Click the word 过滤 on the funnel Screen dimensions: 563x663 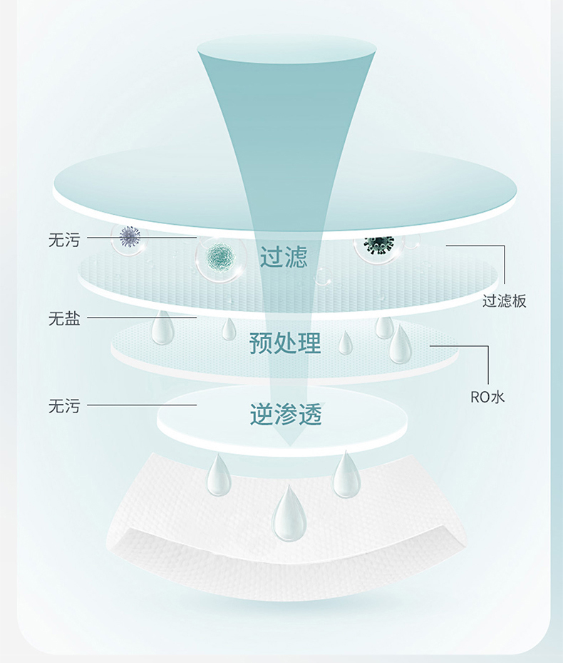coord(284,257)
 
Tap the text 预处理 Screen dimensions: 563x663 coord(285,343)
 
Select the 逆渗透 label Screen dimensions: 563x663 coord(286,413)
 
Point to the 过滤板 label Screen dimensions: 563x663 coord(505,300)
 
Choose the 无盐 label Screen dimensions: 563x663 coord(64,319)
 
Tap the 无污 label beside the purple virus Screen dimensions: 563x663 coord(64,240)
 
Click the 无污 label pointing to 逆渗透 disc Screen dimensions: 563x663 coord(64,407)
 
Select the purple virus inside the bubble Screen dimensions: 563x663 coord(130,236)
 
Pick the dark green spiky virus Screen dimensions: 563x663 coord(378,244)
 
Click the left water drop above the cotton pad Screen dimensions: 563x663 coord(219,476)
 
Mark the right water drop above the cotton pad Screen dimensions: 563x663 coord(346,475)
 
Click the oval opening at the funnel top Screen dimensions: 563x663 coord(286,49)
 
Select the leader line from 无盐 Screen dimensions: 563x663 coord(143,318)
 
